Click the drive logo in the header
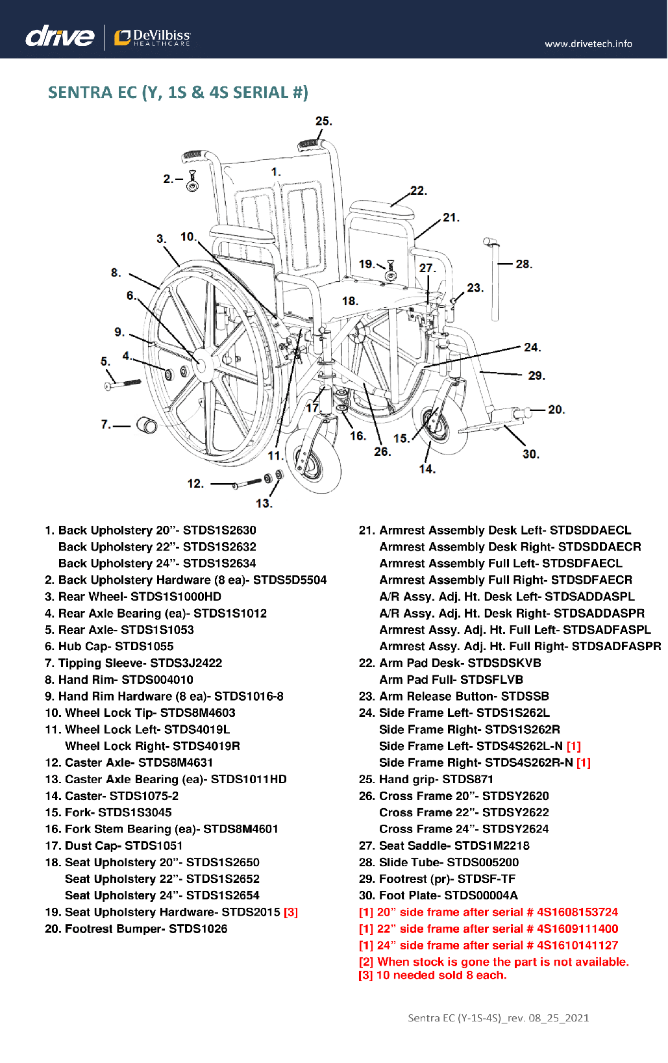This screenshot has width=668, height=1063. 60,36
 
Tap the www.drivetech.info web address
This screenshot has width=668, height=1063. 588,44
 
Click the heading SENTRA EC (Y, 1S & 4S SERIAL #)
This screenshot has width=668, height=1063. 178,92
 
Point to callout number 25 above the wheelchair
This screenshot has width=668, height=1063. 323,121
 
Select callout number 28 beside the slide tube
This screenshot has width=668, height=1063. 523,264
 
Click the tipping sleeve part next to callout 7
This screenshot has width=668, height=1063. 147,425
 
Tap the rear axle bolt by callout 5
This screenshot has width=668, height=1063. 123,384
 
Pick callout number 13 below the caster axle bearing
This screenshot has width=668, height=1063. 264,503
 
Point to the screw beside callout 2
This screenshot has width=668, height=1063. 192,181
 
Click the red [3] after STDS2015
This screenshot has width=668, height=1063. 291,912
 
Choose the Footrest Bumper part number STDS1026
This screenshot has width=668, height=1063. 198,929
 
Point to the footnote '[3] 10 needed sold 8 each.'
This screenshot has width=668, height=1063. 432,975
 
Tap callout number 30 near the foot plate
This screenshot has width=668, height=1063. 530,455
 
